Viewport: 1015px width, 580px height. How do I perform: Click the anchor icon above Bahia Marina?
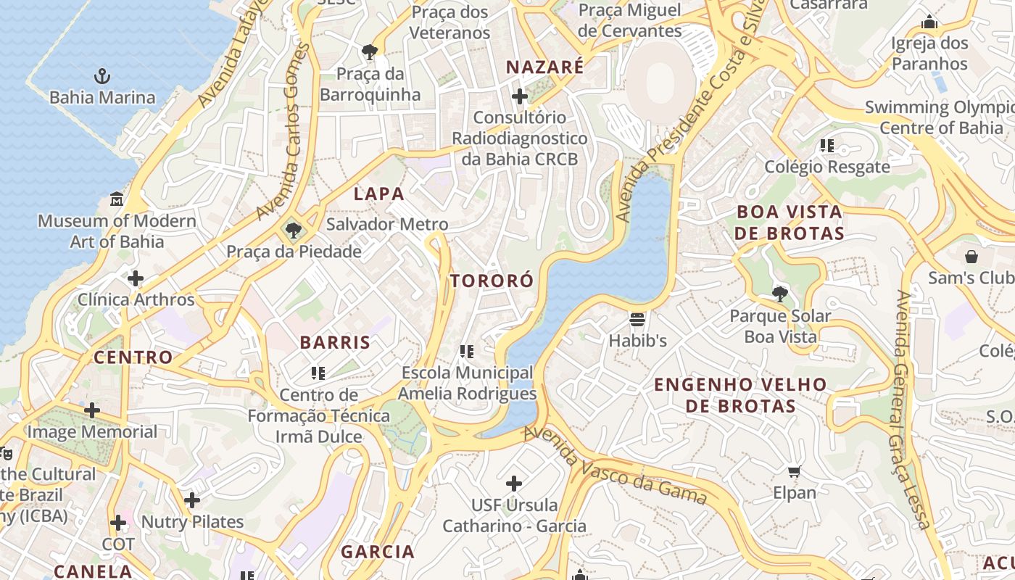(x=102, y=75)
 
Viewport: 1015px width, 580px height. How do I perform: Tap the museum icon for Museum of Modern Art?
(x=117, y=199)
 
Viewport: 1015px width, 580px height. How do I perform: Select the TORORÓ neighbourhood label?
(x=492, y=281)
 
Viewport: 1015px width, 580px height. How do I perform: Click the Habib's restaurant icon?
(x=637, y=319)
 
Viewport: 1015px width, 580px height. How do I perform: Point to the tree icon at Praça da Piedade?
(x=294, y=231)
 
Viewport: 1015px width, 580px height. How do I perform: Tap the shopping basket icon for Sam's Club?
(x=971, y=257)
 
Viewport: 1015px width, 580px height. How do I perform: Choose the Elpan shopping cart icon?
(x=795, y=472)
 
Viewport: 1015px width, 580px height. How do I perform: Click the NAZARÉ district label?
(x=544, y=67)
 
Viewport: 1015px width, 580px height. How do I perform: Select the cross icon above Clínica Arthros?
(x=136, y=278)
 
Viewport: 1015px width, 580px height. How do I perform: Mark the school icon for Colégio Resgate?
(x=827, y=146)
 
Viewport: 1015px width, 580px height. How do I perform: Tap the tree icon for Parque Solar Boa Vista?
(x=780, y=294)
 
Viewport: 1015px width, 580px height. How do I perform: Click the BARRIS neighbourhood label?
(x=335, y=342)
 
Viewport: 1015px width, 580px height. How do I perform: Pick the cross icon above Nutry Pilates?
(x=192, y=500)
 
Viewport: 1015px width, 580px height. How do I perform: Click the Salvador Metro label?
(x=387, y=224)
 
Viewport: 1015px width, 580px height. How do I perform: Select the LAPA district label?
(x=378, y=194)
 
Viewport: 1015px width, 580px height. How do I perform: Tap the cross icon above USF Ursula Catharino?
(x=514, y=484)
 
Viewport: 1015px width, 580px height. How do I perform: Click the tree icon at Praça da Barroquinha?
(x=370, y=52)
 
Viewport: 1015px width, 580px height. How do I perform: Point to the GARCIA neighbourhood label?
(x=378, y=552)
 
